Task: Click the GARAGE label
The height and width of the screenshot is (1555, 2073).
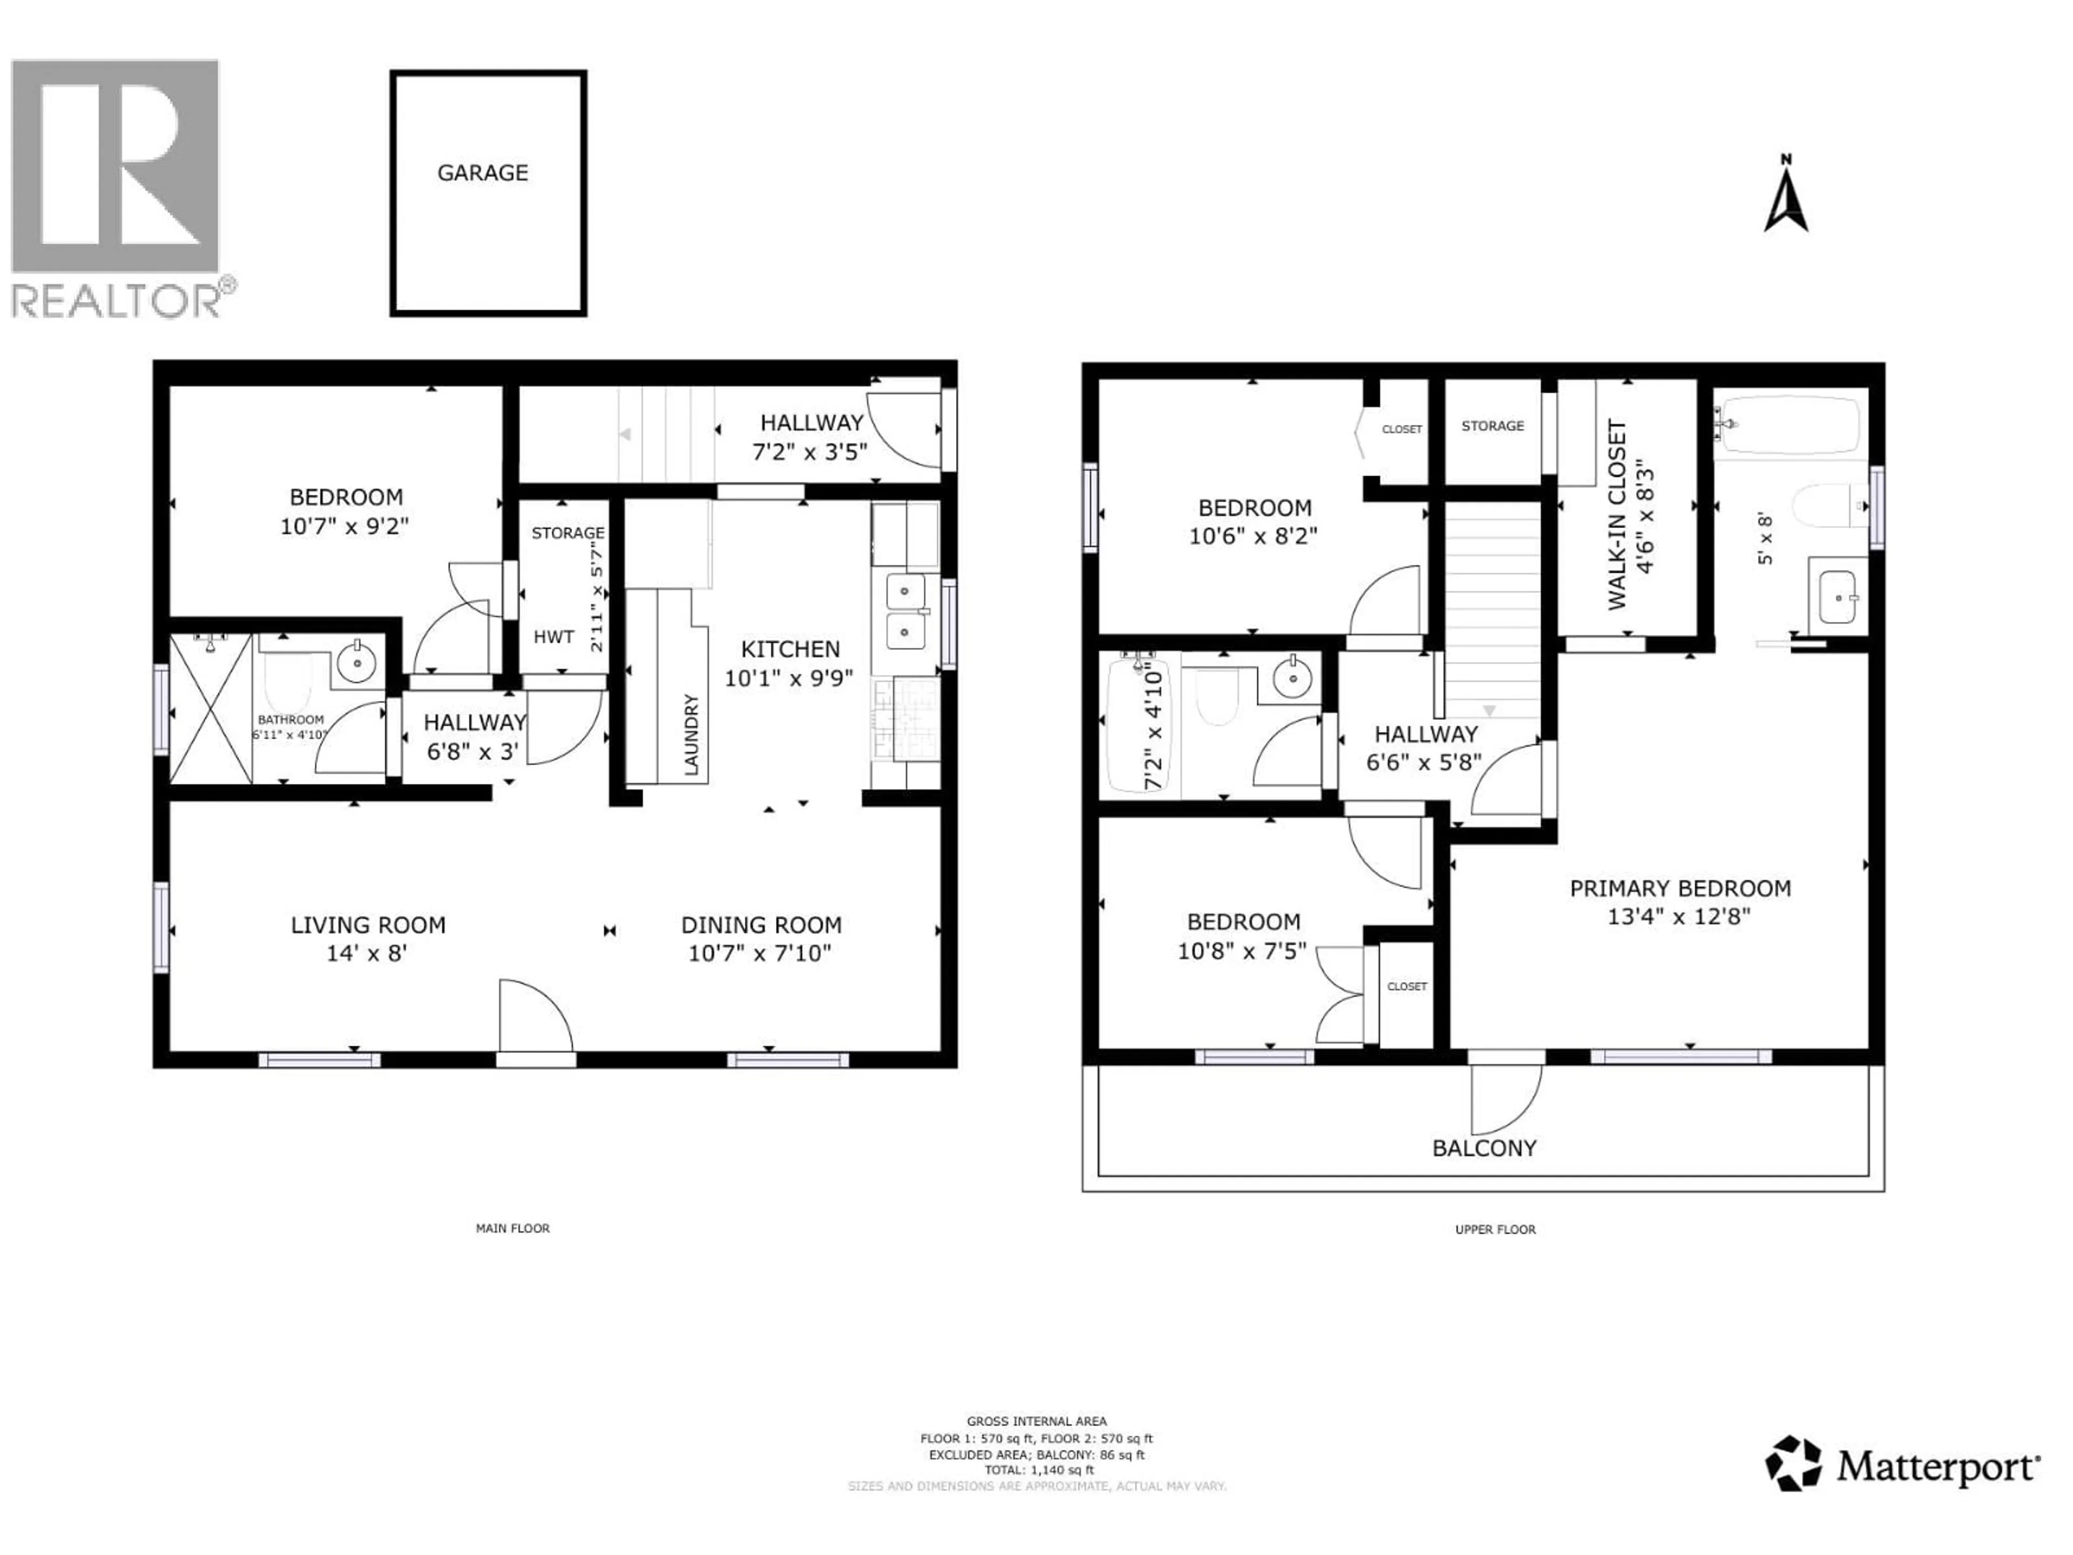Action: (483, 172)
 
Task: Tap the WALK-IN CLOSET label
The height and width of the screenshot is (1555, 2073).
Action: (1617, 516)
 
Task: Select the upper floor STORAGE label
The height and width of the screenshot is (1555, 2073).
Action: (1492, 425)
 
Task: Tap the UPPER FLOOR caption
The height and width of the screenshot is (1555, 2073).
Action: (1495, 1229)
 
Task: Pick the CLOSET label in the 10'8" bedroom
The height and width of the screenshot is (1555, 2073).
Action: (1407, 986)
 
